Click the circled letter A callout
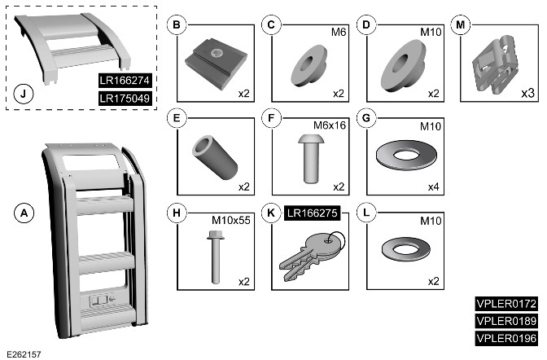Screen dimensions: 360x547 pyautogui.click(x=26, y=213)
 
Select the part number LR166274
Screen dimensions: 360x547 pyautogui.click(x=125, y=81)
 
